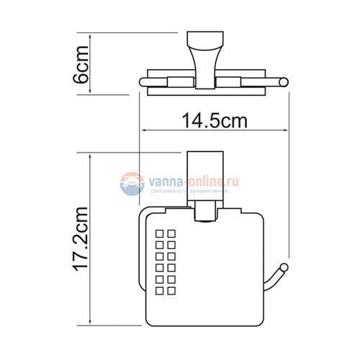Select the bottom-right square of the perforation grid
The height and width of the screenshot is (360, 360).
[171, 289]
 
